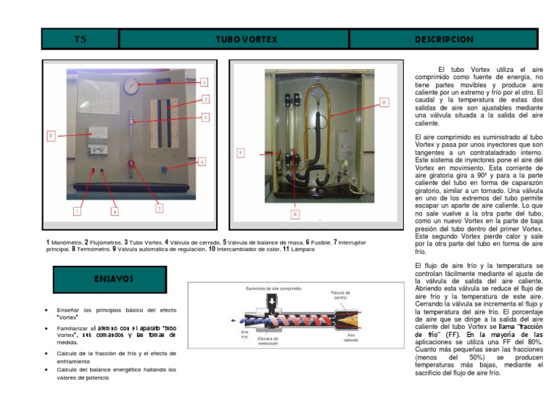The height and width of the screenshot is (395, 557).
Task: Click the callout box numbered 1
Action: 205,83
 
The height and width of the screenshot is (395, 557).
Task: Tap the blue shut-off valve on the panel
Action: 165,168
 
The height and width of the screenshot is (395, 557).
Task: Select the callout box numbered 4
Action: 202,161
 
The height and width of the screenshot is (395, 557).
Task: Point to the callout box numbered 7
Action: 77,211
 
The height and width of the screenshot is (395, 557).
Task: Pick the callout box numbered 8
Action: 115,211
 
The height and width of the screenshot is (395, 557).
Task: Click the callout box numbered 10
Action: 384,102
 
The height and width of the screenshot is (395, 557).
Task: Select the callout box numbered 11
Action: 294,214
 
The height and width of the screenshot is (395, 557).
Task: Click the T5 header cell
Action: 80,39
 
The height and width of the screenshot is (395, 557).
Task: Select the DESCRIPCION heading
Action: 444,39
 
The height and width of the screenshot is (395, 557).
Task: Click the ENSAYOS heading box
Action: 110,279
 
